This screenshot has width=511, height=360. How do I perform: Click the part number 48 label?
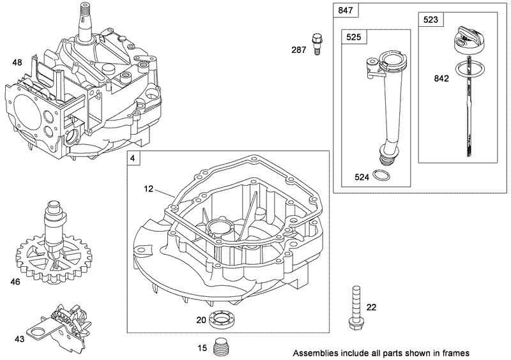click(17, 63)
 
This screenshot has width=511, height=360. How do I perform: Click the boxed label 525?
click(353, 38)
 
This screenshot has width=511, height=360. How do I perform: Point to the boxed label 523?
click(431, 20)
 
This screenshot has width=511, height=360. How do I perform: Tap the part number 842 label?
click(441, 79)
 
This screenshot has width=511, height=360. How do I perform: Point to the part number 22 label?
click(371, 307)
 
